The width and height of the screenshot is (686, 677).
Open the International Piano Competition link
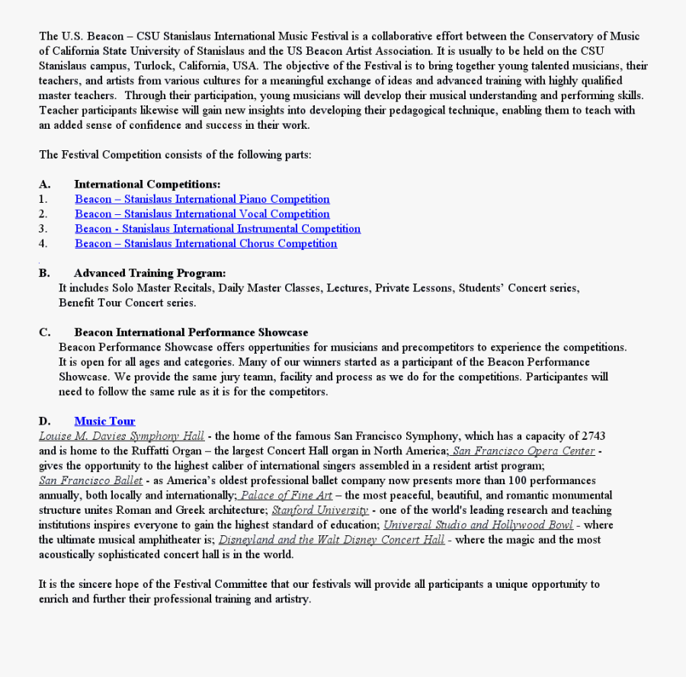point(202,199)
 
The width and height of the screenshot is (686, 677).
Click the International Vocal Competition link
point(202,214)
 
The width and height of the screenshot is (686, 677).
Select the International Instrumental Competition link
point(217,229)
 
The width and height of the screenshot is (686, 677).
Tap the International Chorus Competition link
point(206,244)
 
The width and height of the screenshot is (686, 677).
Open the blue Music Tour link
point(104,421)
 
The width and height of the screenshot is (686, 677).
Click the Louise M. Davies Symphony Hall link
point(122,436)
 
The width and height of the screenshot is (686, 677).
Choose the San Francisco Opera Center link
point(524,451)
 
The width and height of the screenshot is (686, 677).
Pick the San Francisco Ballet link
point(91,480)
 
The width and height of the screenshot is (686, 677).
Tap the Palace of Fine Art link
point(287,496)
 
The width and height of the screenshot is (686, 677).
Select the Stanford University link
point(320,510)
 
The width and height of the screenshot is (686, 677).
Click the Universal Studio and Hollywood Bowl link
point(478,525)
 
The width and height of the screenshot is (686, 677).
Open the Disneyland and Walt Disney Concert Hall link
point(332,540)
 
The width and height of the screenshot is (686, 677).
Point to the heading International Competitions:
point(147,184)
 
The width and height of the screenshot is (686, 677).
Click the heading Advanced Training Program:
point(149,273)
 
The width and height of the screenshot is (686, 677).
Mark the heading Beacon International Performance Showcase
point(191,332)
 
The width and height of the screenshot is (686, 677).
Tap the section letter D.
point(45,421)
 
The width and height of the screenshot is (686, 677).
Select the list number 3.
point(43,229)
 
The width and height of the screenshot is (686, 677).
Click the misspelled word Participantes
point(559,377)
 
